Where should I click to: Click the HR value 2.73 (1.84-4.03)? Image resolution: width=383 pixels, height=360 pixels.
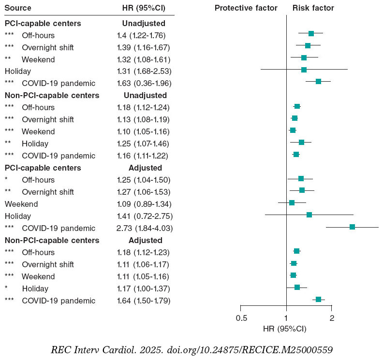(x=145, y=228)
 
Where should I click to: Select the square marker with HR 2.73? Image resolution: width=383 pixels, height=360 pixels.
(x=352, y=227)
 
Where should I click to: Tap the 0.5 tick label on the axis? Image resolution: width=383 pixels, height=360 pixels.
(x=241, y=318)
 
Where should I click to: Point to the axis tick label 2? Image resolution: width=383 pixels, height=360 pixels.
(x=332, y=318)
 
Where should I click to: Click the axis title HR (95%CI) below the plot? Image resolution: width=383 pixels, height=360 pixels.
(x=284, y=329)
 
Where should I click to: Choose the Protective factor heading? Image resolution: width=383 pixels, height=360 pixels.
(x=246, y=8)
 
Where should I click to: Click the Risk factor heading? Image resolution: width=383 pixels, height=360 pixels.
(x=313, y=8)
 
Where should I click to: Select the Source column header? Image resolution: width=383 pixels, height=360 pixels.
(x=18, y=8)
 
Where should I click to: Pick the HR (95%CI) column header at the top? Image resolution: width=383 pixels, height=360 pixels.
(x=144, y=8)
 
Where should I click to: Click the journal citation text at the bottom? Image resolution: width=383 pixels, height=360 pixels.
(x=192, y=349)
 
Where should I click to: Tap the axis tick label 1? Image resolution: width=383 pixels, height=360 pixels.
(x=286, y=318)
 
